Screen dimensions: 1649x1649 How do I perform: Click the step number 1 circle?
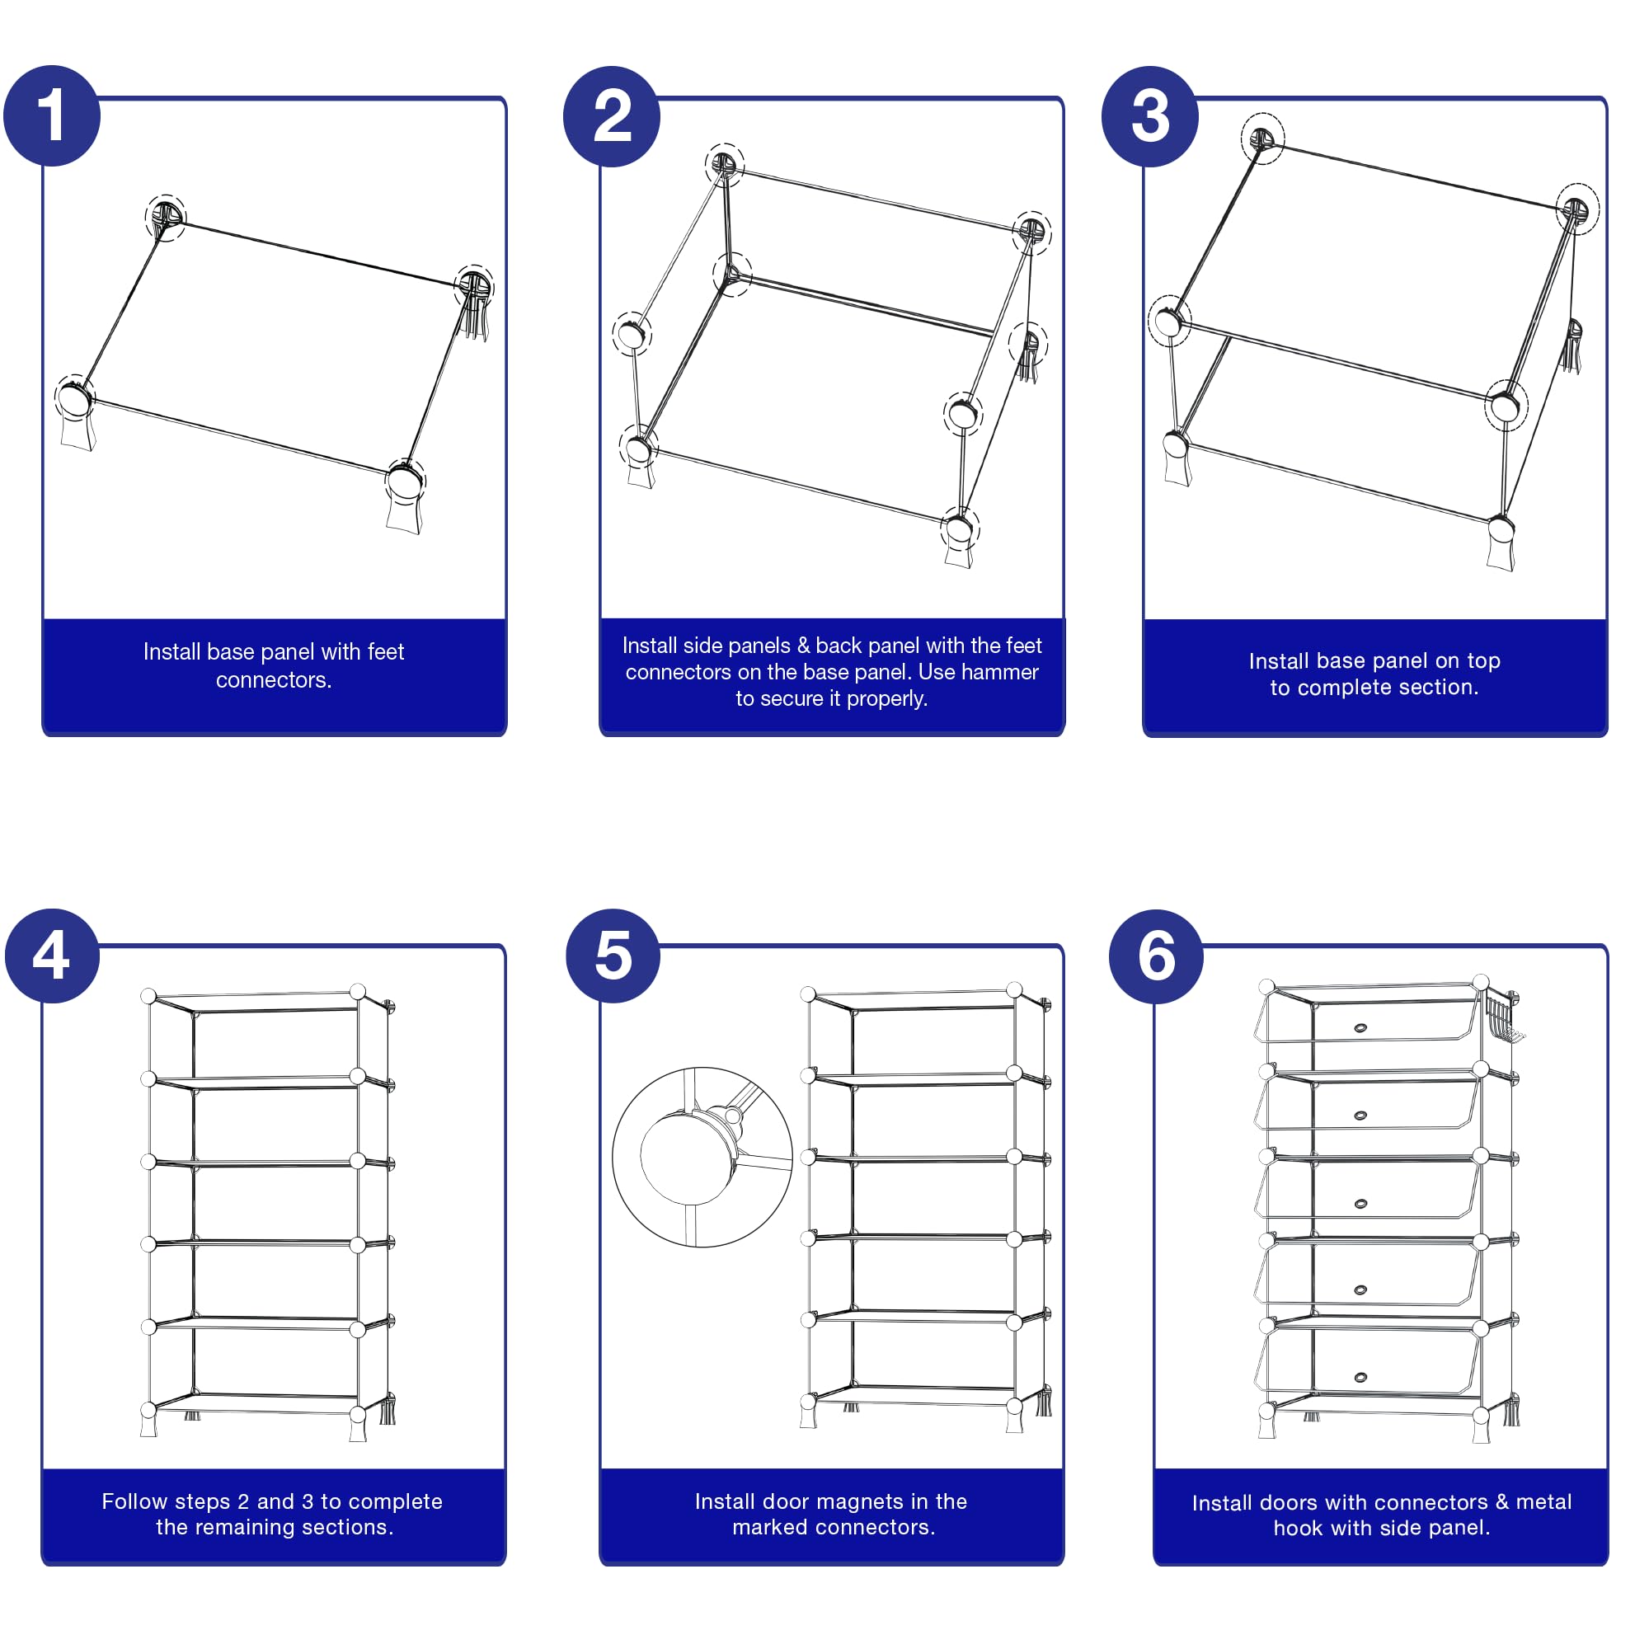[52, 115]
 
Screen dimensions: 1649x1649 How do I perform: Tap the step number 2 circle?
[611, 116]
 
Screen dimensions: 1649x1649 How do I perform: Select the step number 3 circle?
[1149, 116]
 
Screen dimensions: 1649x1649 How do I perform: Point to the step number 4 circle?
[52, 955]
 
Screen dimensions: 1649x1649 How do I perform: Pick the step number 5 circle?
[613, 955]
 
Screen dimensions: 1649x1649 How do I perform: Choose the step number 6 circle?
[1156, 956]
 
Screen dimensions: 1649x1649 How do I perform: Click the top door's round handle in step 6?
[1360, 1027]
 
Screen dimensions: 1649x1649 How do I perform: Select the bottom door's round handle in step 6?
[1360, 1378]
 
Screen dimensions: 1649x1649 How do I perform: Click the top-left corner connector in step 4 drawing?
[148, 996]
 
